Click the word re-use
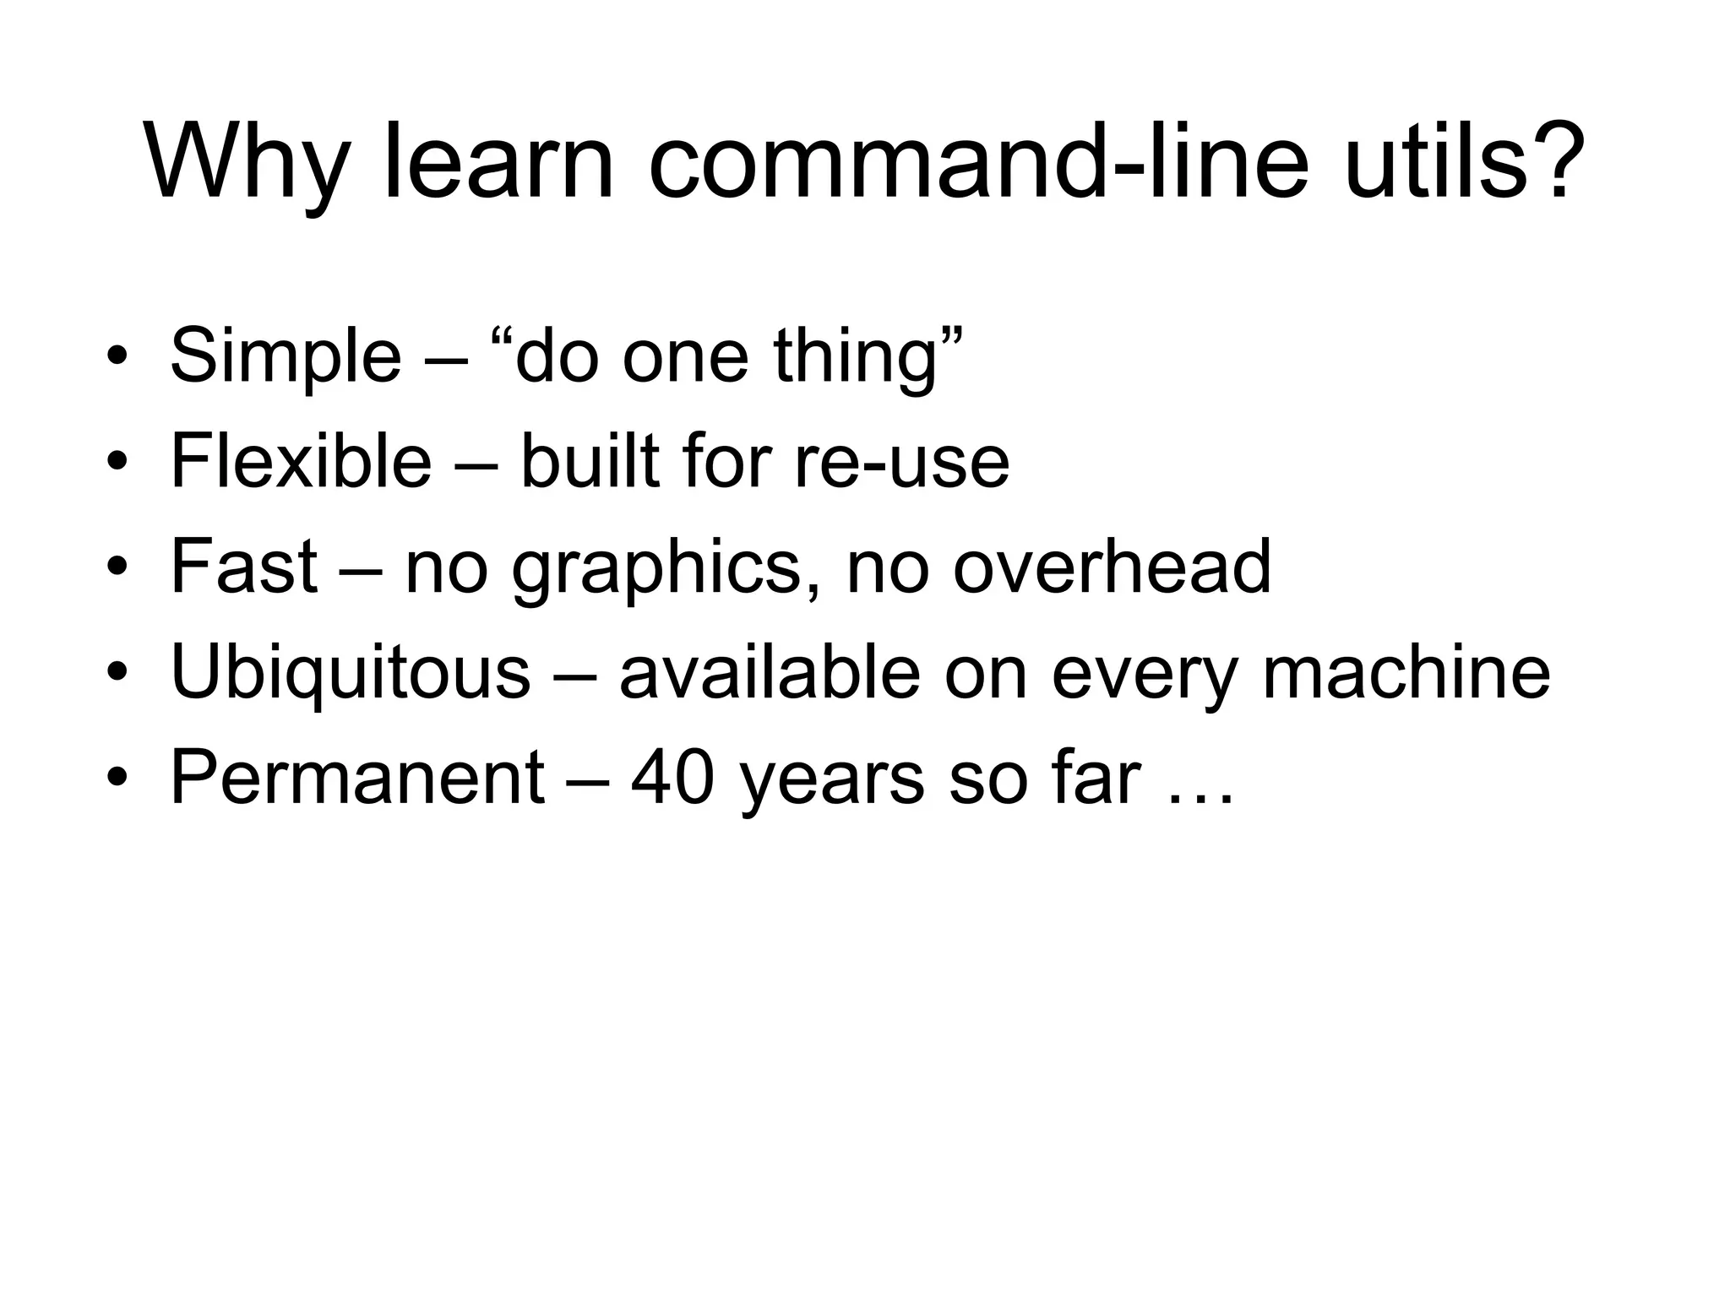point(901,463)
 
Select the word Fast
point(244,567)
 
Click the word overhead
point(1112,567)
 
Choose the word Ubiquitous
point(351,673)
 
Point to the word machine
point(1406,672)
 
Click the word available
point(770,672)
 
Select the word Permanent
point(357,778)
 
